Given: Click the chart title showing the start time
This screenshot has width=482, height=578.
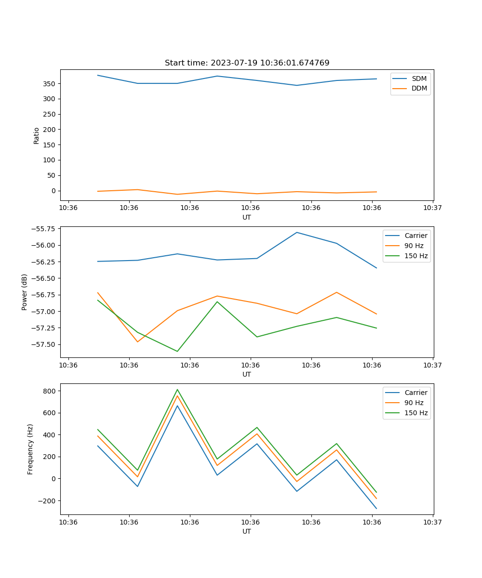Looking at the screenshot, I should [x=247, y=63].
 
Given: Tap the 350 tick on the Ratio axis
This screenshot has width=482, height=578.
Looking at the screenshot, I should [x=49, y=84].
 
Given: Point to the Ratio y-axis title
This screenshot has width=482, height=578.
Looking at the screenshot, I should [x=37, y=135].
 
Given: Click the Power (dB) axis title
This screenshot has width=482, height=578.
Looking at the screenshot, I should [x=25, y=292].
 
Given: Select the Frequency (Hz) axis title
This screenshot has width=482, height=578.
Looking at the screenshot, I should [x=30, y=449].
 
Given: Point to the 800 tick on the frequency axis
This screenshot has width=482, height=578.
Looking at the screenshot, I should [x=49, y=391].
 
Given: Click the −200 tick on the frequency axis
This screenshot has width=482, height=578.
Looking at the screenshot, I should [x=47, y=501].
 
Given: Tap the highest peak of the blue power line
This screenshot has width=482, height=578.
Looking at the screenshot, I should [x=296, y=232].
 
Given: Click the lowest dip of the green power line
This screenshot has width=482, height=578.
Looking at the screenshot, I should [x=177, y=351].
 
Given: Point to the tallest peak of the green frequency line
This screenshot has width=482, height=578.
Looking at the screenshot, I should [x=177, y=389].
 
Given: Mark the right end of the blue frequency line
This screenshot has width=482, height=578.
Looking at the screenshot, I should [x=376, y=508].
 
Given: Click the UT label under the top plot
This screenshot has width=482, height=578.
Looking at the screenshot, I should [x=247, y=217].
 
